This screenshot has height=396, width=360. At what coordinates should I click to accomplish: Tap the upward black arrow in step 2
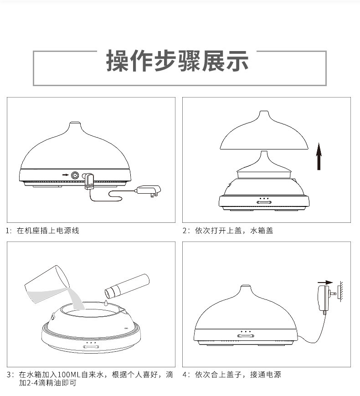point(319,155)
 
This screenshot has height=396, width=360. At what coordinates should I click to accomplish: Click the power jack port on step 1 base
point(75,175)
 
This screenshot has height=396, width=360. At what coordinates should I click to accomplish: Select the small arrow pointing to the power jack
point(65,175)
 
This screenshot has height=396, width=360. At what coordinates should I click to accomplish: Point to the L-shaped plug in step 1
point(88,180)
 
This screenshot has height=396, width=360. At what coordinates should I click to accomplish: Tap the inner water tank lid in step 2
point(263,167)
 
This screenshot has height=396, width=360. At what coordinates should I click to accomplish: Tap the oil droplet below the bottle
point(105,302)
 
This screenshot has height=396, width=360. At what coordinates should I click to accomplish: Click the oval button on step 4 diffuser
point(246,336)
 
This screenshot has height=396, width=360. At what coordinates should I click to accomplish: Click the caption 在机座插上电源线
point(48,231)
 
